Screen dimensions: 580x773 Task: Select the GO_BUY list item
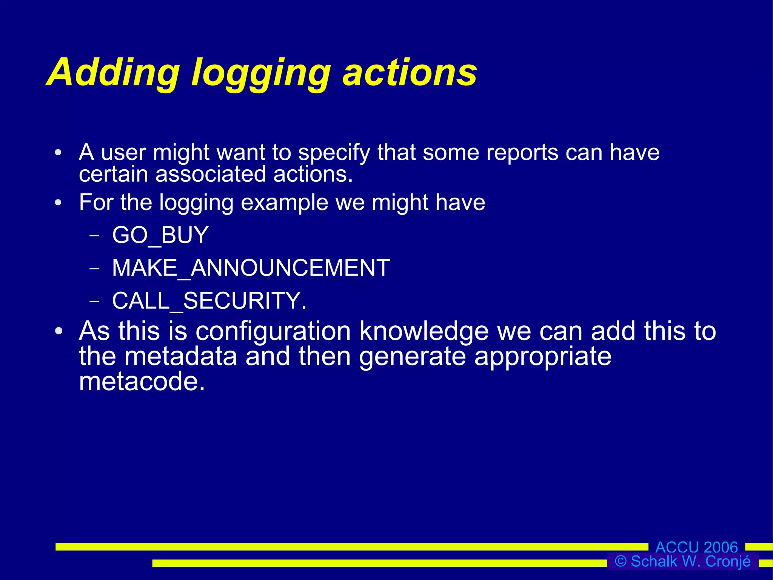pyautogui.click(x=160, y=235)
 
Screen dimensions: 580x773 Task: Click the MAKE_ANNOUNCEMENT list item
pyautogui.click(x=251, y=268)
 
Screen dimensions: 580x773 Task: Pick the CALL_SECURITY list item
pyautogui.click(x=209, y=301)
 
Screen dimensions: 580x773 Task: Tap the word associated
pyautogui.click(x=211, y=174)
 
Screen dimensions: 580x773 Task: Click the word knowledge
pyautogui.click(x=424, y=331)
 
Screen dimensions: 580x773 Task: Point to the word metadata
pyautogui.click(x=180, y=356)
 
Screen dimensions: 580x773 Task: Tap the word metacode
pyautogui.click(x=142, y=381)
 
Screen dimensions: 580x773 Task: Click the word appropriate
pyautogui.click(x=542, y=356)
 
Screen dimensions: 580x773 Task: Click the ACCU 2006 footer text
pyautogui.click(x=696, y=547)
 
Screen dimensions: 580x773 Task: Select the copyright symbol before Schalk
pyautogui.click(x=621, y=561)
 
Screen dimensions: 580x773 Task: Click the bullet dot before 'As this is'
pyautogui.click(x=59, y=331)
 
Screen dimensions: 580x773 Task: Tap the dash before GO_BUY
pyautogui.click(x=95, y=235)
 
